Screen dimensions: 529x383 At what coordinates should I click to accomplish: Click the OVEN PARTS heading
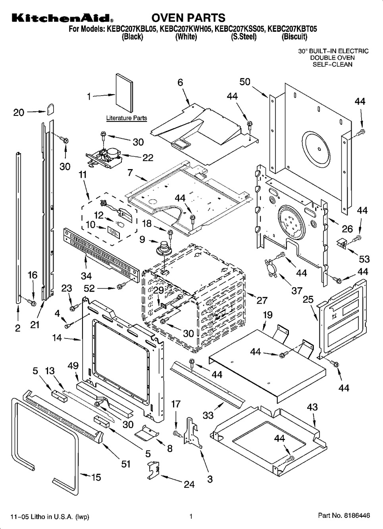pos(189,18)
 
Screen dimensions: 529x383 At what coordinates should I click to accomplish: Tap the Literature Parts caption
pos(126,118)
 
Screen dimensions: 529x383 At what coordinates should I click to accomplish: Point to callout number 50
pos(245,82)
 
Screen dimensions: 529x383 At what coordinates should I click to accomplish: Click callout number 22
pos(148,158)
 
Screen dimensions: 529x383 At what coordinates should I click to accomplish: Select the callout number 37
pos(297,290)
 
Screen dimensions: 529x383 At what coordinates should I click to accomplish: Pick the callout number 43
pos(312,407)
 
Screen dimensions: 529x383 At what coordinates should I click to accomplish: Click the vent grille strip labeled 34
pos(101,252)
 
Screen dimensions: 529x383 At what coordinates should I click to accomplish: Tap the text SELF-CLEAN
pos(333,64)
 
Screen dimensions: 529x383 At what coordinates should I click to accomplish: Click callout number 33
pos(208,415)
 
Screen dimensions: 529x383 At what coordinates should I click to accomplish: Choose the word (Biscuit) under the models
pos(294,37)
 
